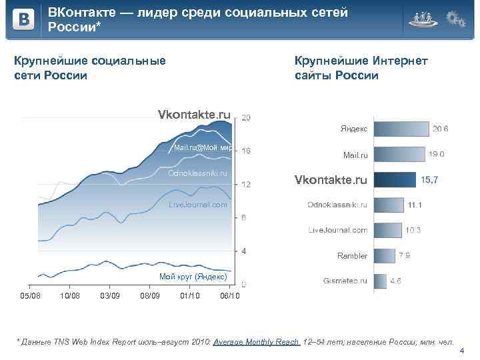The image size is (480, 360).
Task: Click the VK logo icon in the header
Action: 23,20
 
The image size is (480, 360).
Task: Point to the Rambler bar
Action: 385,255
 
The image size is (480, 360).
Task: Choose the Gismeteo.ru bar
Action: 380,281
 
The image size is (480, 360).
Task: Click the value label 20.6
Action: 440,129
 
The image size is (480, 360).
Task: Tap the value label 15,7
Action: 429,180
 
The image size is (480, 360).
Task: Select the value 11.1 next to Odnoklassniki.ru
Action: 415,205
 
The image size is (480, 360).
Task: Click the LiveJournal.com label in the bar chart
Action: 338,230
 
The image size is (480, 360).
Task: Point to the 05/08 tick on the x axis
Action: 30,296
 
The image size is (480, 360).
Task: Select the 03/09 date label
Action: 109,296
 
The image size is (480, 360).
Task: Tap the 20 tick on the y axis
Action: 246,118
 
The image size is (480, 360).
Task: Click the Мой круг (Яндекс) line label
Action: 193,276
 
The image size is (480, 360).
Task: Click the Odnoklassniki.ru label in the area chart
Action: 198,173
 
